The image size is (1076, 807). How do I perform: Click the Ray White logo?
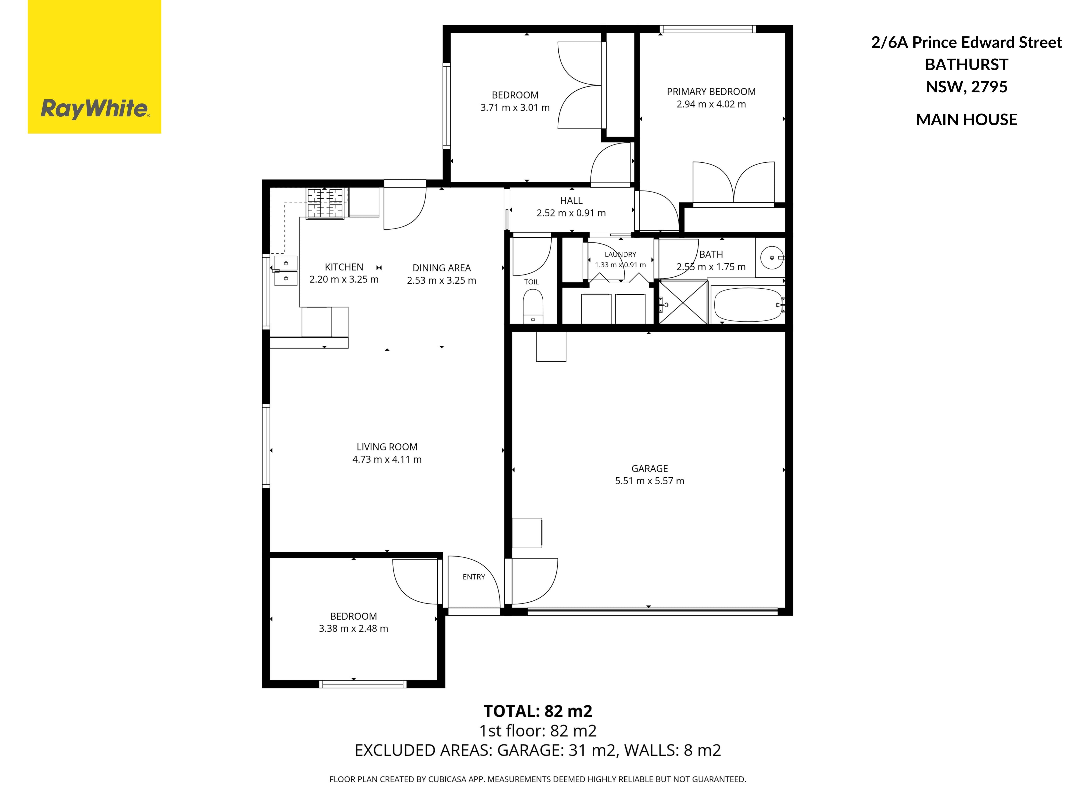tap(94, 67)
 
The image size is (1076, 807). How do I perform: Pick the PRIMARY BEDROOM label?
tap(711, 91)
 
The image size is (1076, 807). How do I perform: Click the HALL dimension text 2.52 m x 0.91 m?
tap(571, 213)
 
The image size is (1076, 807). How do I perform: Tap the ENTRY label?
tap(474, 577)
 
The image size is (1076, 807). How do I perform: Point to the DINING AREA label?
tap(442, 268)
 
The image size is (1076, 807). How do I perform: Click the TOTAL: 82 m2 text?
tap(538, 711)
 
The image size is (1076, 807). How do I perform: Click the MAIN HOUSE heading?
tap(966, 120)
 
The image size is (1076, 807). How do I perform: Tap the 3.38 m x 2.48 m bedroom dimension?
tap(354, 629)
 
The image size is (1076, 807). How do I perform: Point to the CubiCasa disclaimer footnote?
tap(538, 779)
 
